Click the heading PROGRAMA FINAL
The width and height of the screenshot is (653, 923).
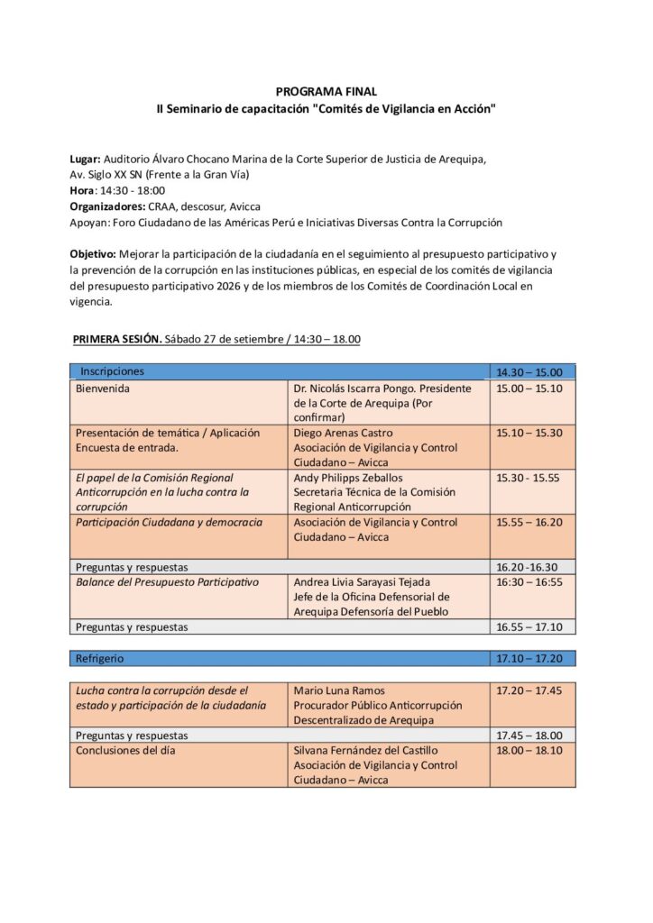pos(326,91)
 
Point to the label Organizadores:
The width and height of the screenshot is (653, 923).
pos(107,206)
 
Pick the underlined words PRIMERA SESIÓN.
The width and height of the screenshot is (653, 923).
pos(116,339)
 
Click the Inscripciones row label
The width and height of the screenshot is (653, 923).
pos(112,371)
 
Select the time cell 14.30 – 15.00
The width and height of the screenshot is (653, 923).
pos(529,372)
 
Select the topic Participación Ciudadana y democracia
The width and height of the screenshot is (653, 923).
pos(170,521)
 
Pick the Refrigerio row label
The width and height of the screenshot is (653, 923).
pos(100,658)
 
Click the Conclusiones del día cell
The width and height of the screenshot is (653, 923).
pos(125,750)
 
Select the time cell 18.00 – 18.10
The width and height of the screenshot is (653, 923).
pos(529,750)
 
